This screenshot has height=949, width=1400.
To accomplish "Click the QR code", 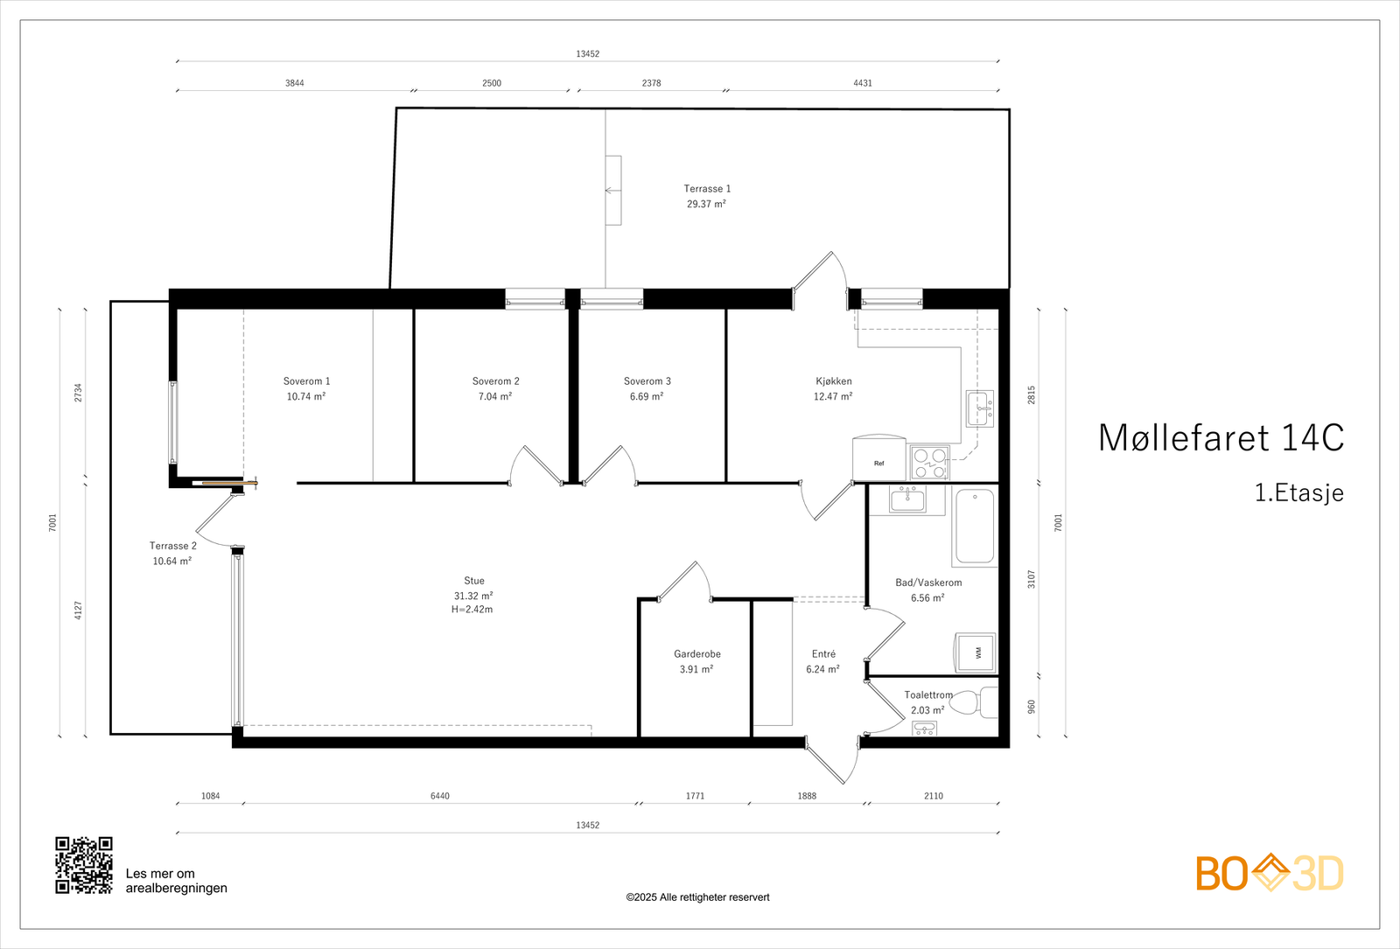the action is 84,865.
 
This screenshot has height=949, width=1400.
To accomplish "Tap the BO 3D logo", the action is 1270,873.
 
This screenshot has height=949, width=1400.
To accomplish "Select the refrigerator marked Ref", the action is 879,458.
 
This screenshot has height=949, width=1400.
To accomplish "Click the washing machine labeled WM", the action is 975,652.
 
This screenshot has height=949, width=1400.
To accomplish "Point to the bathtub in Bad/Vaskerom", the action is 975,527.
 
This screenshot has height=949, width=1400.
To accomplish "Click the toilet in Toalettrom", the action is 976,702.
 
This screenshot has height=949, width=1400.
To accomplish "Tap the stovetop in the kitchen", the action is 930,463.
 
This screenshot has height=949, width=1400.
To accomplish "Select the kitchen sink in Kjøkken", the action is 980,408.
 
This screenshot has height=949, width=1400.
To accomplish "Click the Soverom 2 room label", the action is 495,381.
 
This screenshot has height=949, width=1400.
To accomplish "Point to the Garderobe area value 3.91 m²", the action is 696,669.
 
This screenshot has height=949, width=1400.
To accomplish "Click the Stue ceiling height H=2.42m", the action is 472,610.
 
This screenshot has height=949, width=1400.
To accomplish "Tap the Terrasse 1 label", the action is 707,189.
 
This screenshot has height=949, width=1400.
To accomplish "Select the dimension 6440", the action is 440,796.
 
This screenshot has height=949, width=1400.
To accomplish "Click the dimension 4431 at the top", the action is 863,83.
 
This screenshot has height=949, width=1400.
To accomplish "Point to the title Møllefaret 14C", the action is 1221,438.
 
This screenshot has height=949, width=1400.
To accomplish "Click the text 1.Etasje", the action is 1299,493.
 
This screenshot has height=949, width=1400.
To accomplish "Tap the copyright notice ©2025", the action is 697,897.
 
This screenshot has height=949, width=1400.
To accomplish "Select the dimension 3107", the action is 1032,579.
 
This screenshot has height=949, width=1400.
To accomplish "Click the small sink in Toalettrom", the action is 924,728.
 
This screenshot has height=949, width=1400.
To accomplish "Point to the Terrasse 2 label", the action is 173,546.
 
